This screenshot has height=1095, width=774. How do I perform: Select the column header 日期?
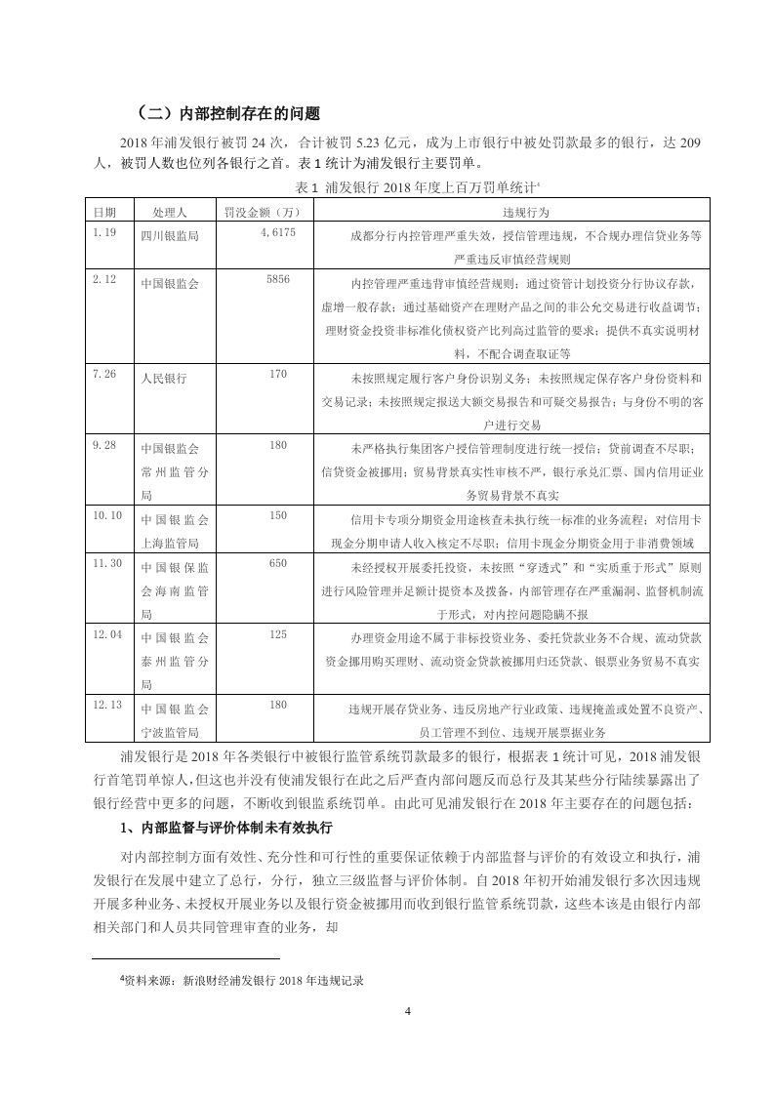104,211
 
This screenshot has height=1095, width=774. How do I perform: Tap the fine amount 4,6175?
279,233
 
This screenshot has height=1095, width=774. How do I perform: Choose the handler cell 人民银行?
163,377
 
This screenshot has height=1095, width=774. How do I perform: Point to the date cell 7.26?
103,374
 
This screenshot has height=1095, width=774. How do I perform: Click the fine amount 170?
278,374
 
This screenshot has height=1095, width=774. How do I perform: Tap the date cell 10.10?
106,514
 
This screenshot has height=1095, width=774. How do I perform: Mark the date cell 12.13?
106,704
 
